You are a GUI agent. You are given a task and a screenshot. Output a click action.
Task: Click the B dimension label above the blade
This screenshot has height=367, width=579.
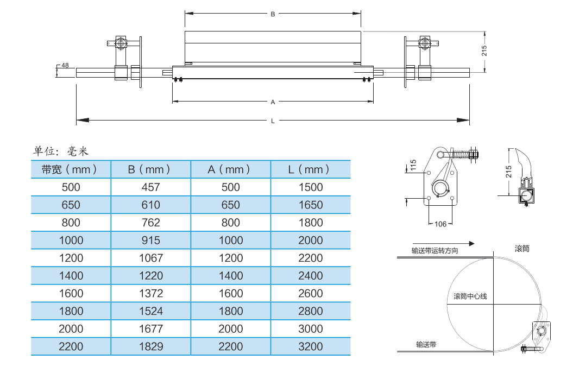click(x=273, y=15)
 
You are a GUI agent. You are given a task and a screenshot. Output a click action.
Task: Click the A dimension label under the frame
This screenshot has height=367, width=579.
click(x=273, y=102)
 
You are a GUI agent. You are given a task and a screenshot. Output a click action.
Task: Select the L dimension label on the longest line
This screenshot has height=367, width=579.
click(x=273, y=121)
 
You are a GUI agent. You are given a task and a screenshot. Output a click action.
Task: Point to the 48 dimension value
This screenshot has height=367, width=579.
click(x=65, y=66)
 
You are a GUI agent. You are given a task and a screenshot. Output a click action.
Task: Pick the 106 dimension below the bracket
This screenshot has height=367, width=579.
click(x=440, y=224)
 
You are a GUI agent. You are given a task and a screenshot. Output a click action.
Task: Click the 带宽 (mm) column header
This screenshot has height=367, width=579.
click(x=71, y=169)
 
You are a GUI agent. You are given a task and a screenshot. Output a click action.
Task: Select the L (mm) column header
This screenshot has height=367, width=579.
click(x=310, y=169)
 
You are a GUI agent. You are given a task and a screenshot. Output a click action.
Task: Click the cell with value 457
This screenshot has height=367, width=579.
click(x=150, y=187)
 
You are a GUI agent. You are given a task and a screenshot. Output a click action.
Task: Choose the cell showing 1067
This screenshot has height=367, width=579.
click(x=150, y=258)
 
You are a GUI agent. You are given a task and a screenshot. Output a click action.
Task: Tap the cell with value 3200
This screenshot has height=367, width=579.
click(x=310, y=346)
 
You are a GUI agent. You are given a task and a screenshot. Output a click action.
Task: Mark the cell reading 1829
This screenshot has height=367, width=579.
click(x=150, y=346)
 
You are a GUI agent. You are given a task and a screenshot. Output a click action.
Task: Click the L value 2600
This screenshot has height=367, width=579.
click(x=310, y=293)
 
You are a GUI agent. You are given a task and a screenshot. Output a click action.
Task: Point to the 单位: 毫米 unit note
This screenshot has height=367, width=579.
click(x=61, y=151)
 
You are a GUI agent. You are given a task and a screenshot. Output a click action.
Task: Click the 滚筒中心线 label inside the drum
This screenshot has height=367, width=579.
click(x=470, y=296)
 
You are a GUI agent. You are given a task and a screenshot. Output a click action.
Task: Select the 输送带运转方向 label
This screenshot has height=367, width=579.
click(x=435, y=251)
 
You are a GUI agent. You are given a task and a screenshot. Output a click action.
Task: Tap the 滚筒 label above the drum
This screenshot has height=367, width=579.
click(x=522, y=249)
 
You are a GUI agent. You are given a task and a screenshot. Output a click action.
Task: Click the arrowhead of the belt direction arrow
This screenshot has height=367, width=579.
click(x=472, y=244)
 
